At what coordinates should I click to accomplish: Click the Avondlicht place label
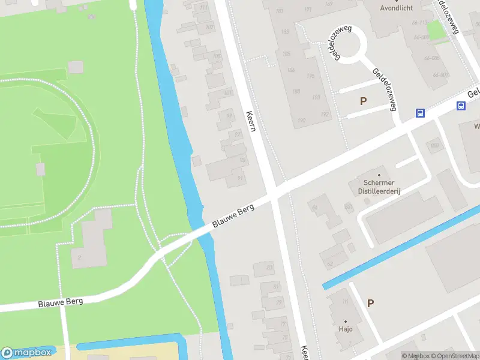click(397, 8)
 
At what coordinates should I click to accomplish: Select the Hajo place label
click(346, 329)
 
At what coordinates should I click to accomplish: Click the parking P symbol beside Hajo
click(370, 304)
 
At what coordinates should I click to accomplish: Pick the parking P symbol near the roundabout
click(363, 101)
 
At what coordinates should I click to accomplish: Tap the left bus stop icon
click(421, 113)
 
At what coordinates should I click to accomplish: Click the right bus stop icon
click(461, 106)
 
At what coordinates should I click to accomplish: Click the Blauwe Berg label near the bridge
click(233, 216)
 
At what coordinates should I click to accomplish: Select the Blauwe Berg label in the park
click(60, 302)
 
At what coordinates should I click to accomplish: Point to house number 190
click(296, 91)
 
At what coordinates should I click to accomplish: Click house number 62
click(329, 264)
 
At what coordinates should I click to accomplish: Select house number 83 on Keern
click(269, 268)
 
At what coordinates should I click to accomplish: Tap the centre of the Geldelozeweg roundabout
click(349, 44)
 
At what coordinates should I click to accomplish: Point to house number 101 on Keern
click(227, 93)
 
